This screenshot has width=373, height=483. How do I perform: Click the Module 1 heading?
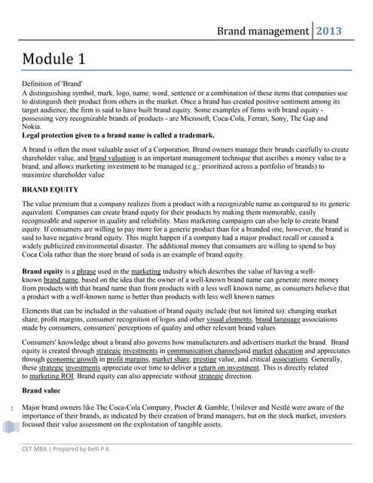tap(59, 58)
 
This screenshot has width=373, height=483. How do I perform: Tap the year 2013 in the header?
tap(329, 31)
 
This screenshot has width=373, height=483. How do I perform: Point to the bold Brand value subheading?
tap(41, 391)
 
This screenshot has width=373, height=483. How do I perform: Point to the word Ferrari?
tap(252, 118)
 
